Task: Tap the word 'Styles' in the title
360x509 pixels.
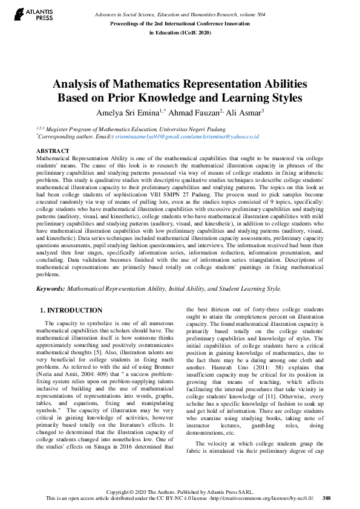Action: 284,97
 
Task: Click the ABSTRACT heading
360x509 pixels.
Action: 53,150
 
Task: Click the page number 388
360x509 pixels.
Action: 327,498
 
